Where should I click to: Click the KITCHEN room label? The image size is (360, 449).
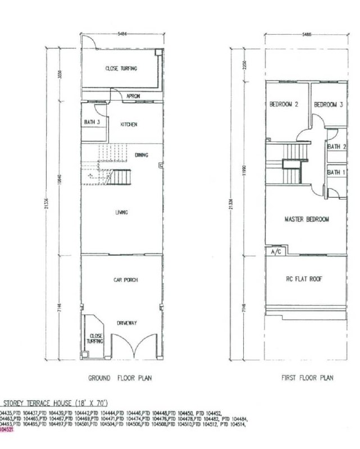point(129,125)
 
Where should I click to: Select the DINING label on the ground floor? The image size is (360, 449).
point(142,155)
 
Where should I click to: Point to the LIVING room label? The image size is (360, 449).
point(121,212)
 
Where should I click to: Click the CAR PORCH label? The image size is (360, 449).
point(125,280)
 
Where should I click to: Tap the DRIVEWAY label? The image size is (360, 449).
point(125,323)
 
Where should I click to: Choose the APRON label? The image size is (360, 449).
point(133,96)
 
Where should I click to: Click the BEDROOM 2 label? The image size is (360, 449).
point(283,104)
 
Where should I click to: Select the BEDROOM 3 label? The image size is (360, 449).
point(328,104)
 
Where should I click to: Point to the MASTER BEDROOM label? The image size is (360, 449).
point(306,219)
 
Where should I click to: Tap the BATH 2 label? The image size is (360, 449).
point(336,147)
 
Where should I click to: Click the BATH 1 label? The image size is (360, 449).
point(336,172)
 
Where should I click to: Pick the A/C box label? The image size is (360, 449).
point(276,253)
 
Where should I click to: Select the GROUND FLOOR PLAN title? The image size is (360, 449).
point(120,378)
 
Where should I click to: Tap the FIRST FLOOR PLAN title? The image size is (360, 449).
point(307,378)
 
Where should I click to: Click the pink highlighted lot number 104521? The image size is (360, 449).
point(6,428)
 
